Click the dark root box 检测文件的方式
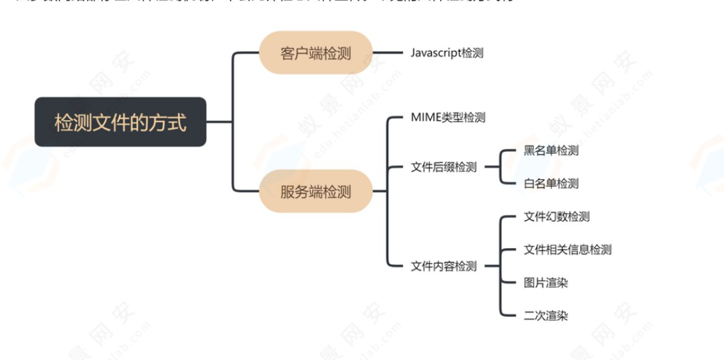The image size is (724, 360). coord(121,122)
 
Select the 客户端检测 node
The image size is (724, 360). coord(315,53)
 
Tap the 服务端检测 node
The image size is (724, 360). coord(315,192)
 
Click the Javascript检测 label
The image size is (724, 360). coord(447,53)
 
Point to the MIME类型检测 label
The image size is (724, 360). coord(448,118)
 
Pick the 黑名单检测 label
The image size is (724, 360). coord(550,151)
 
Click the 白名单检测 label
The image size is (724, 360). coord(550,183)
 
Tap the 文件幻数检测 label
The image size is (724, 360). coord(556,217)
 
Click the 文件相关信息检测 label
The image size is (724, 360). coord(567,250)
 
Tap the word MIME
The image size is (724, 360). coord(425,118)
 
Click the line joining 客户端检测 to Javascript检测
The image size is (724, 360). coord(388,52)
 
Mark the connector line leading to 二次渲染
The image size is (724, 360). coord(509,316)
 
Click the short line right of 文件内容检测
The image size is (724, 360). coord(490,267)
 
